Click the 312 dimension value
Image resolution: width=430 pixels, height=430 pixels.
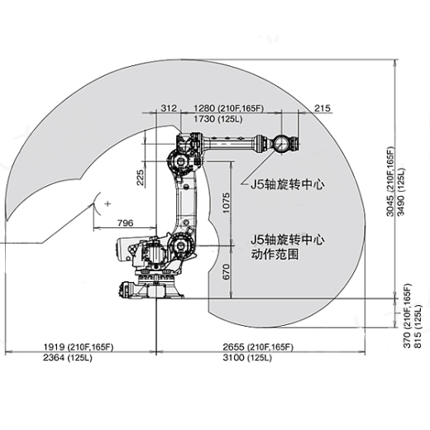(169, 108)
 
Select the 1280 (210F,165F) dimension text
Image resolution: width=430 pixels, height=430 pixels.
(227, 108)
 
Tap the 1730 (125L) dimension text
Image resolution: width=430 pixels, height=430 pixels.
(217, 120)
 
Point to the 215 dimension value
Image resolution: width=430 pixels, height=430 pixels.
(322, 108)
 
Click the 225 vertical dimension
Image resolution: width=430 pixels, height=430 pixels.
(141, 177)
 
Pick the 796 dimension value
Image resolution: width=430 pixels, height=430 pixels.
(126, 222)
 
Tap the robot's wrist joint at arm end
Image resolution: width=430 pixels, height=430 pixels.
(280, 143)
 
